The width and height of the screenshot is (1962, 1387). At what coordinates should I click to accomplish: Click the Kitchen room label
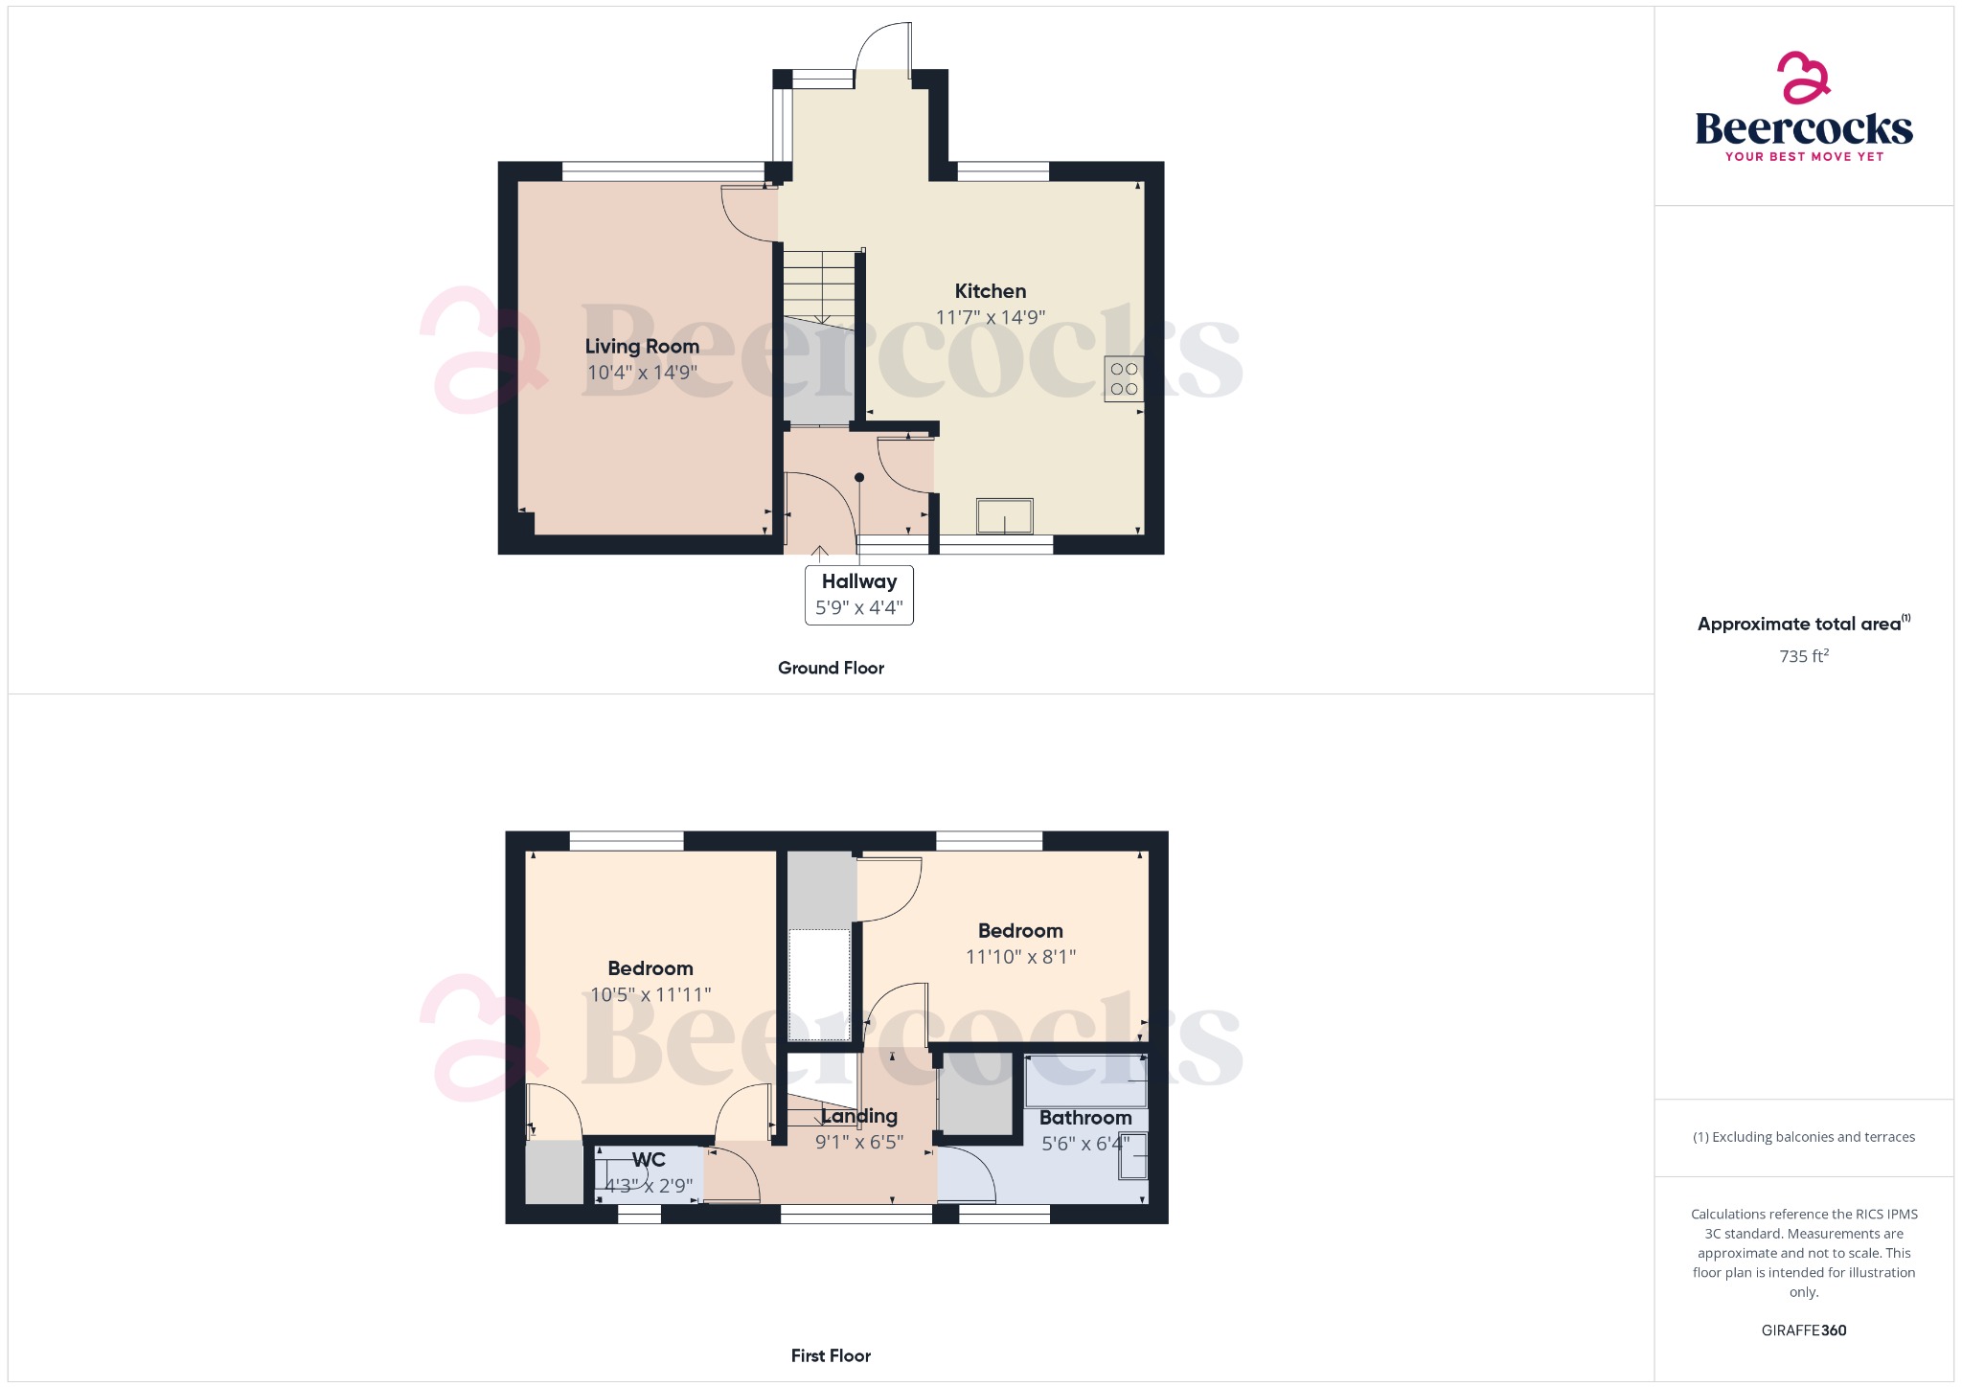click(x=990, y=291)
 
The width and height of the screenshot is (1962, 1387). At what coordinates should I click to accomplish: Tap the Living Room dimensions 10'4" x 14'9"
click(x=642, y=373)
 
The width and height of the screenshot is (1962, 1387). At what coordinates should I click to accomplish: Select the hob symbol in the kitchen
click(x=1124, y=378)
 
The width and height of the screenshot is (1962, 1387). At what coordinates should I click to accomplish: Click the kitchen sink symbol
click(x=1004, y=516)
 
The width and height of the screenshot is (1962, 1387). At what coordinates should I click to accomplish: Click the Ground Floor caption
click(x=831, y=668)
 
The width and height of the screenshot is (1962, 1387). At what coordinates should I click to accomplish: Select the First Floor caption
click(x=831, y=1355)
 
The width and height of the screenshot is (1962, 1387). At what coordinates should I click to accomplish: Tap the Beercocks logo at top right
click(x=1803, y=108)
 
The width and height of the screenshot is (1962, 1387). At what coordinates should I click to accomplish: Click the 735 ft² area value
click(x=1803, y=656)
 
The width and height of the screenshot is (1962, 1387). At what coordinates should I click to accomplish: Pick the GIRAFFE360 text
click(x=1803, y=1330)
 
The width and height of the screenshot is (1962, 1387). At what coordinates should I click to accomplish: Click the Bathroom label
click(x=1085, y=1118)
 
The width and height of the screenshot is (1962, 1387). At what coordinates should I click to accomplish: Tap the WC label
click(x=649, y=1160)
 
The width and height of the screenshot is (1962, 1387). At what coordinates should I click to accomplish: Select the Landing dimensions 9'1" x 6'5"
click(x=859, y=1142)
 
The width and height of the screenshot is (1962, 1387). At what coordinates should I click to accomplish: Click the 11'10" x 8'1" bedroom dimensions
click(x=1020, y=957)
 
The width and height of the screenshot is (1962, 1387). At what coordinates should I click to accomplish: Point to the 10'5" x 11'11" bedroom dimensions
click(x=650, y=995)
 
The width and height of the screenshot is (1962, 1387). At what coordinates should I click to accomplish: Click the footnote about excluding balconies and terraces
click(x=1803, y=1137)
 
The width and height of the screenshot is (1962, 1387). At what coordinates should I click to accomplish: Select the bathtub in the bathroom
click(x=1085, y=1080)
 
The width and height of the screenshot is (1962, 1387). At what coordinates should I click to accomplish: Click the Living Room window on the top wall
click(x=663, y=171)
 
